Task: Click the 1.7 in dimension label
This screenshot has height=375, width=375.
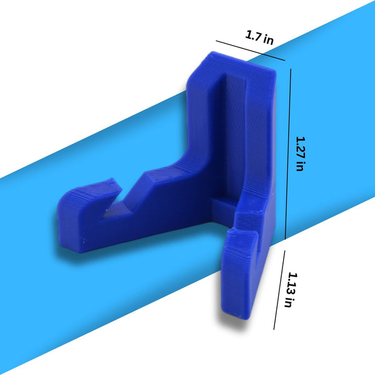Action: [x=259, y=37]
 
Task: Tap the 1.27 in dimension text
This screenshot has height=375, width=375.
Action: [x=301, y=154]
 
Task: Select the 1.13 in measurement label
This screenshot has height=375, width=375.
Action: [x=292, y=289]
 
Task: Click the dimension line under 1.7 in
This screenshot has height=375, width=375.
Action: [x=251, y=51]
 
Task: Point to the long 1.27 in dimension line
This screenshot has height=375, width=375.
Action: [x=288, y=154]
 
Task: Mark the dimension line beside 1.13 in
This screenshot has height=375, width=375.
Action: [x=279, y=290]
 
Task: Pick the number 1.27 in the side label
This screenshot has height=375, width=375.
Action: [x=301, y=147]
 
